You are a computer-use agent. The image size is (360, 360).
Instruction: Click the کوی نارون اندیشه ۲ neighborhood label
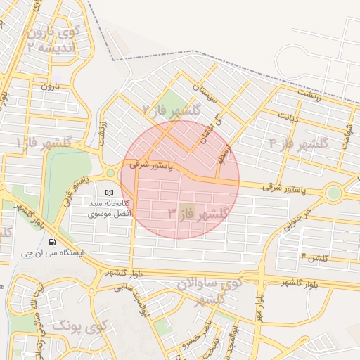53,40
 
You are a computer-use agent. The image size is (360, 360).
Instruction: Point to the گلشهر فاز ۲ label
172,110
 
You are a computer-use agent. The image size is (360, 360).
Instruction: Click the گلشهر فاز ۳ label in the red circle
198,212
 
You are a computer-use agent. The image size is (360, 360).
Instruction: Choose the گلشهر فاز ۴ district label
299,143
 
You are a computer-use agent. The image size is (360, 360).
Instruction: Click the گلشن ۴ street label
314,258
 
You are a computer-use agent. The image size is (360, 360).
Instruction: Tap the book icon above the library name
108,192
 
